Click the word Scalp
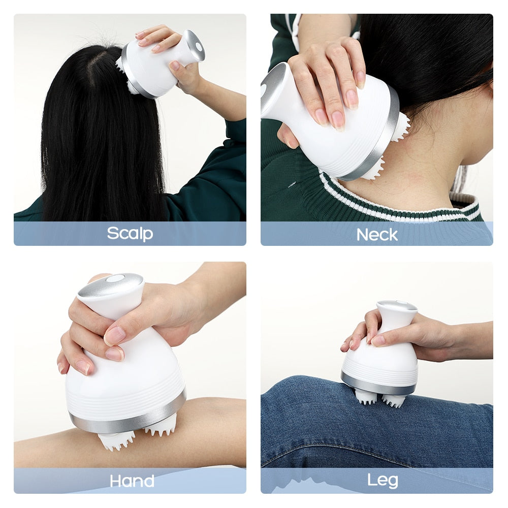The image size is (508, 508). pyautogui.click(x=130, y=233)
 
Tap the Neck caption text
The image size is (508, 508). pyautogui.click(x=376, y=234)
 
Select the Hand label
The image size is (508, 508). pyautogui.click(x=132, y=481)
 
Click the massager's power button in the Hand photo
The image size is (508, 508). pyautogui.click(x=115, y=278)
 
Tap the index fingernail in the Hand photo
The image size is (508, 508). pyautogui.click(x=115, y=335)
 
